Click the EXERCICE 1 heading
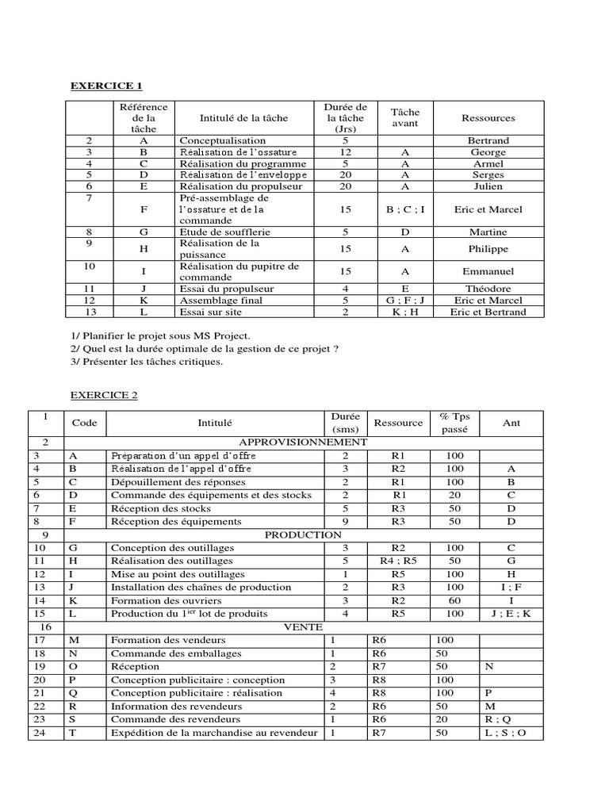coord(106,86)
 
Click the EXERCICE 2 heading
coord(104,395)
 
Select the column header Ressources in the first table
coord(488,118)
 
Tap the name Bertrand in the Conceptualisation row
coord(488,140)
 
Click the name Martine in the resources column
coord(488,232)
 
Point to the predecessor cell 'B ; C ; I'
coord(404,209)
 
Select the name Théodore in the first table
coord(488,289)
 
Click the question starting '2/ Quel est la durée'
coord(199,349)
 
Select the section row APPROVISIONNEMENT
coord(302,442)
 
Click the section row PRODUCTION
coord(303,534)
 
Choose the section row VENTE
coord(302,626)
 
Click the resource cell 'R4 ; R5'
coord(398,561)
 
